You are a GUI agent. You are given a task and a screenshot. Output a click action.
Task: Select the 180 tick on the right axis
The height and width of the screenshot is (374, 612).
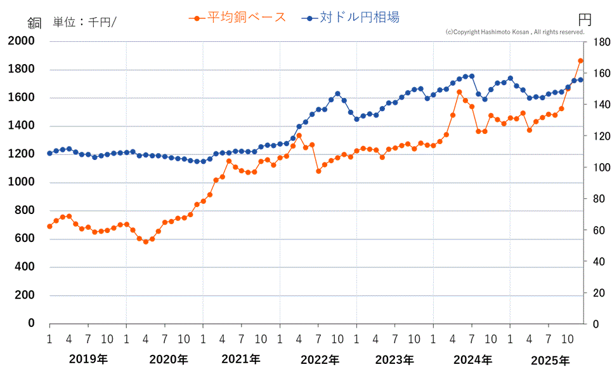(x=600, y=42)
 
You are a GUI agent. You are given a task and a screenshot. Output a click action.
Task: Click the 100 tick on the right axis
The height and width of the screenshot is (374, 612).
(x=600, y=168)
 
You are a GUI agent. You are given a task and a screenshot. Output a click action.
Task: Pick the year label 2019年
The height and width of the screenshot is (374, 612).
(x=88, y=360)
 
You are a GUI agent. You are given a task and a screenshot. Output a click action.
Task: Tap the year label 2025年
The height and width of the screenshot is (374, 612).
(x=550, y=360)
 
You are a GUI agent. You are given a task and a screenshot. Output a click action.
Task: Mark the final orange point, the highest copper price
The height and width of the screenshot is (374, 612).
(x=580, y=61)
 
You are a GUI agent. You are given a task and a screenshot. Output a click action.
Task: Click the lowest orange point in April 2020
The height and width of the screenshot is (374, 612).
(x=145, y=241)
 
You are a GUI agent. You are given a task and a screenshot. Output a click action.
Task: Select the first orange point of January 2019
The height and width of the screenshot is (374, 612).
(x=49, y=226)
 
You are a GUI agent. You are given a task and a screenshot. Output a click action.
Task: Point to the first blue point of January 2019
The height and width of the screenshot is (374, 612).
(x=49, y=153)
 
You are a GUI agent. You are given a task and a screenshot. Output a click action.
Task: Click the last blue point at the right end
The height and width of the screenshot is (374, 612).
(x=580, y=80)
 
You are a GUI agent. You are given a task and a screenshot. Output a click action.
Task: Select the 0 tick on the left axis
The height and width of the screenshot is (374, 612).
(x=30, y=323)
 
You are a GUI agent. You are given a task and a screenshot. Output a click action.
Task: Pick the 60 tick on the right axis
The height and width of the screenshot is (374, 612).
(x=597, y=230)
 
